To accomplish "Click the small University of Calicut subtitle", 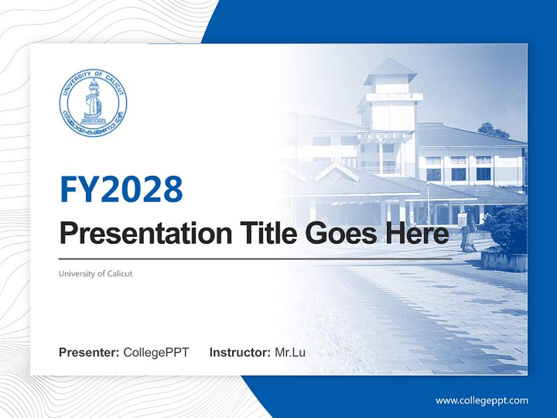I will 96,273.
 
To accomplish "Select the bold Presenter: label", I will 89,352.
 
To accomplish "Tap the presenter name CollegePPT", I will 156,352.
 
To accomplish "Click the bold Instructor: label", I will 240,352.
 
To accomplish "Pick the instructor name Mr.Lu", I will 290,352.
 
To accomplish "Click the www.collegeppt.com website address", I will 482,400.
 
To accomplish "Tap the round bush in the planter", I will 509,229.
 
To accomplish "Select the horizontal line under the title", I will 255,258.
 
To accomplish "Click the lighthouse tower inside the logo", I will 92,100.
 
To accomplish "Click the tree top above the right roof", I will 493,129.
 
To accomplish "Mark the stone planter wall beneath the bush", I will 504,261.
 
